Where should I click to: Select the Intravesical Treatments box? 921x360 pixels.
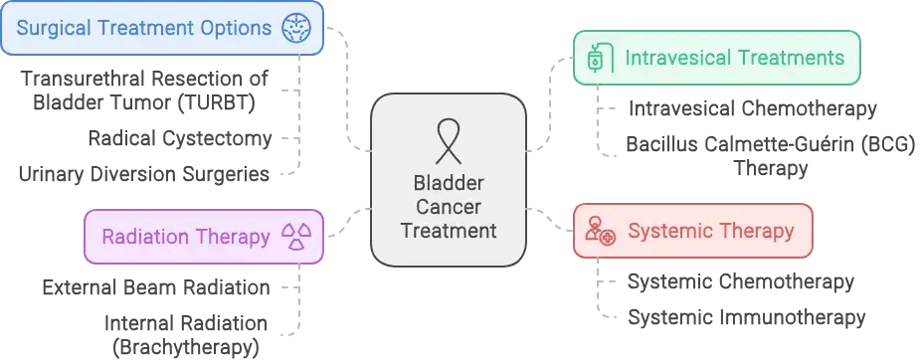click(x=716, y=58)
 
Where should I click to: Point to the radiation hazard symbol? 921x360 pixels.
click(x=296, y=237)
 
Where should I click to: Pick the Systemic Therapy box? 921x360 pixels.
click(x=692, y=232)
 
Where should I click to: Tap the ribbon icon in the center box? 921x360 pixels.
click(x=450, y=140)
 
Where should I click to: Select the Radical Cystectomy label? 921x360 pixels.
click(x=179, y=137)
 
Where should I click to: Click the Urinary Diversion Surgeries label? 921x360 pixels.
click(x=144, y=174)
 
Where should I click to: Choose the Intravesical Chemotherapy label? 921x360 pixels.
click(x=752, y=108)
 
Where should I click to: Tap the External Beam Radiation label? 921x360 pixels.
click(x=156, y=287)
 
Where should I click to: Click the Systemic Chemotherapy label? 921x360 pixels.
click(x=740, y=282)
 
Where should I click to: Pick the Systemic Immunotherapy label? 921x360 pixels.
click(x=746, y=318)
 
